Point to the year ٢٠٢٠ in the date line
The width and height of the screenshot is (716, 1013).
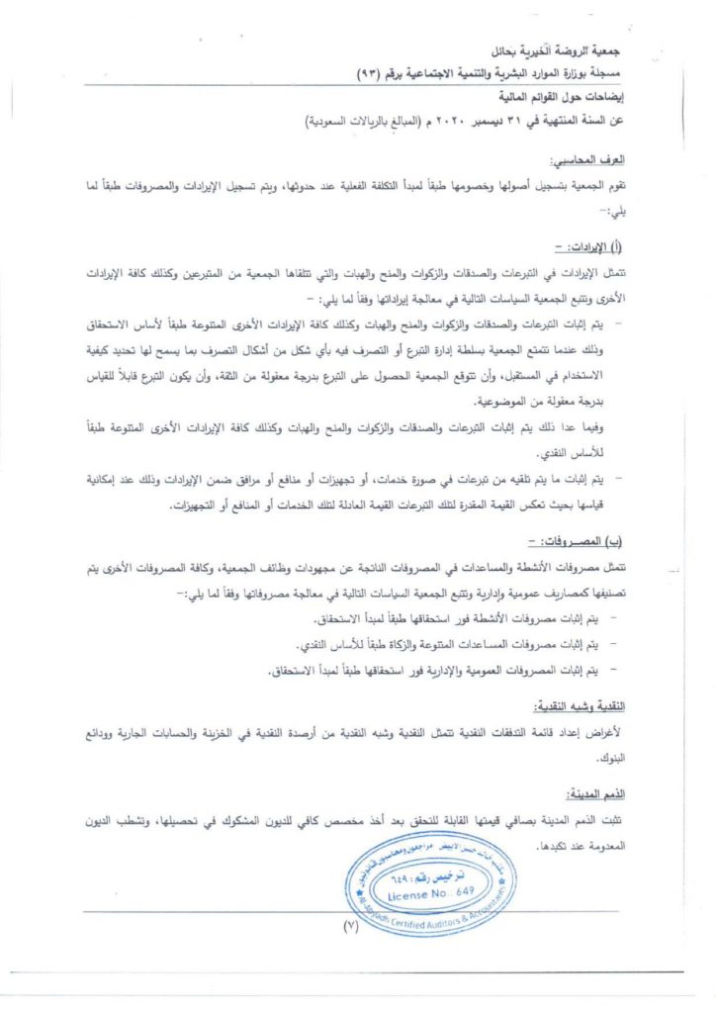pyautogui.click(x=458, y=123)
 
